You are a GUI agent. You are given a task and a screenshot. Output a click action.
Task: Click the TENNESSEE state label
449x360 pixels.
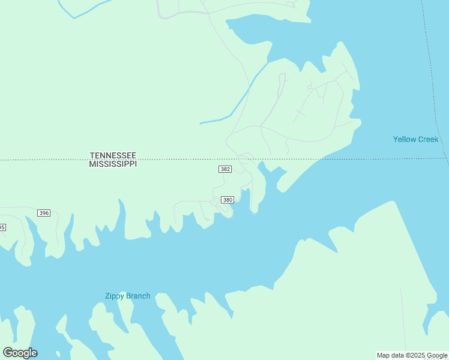[113, 155]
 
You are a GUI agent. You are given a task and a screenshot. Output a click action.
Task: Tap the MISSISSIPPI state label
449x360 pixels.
[113, 164]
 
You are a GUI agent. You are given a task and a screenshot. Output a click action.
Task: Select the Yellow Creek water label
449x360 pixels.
[415, 139]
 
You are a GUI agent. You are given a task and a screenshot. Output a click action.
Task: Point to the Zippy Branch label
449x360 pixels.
[127, 296]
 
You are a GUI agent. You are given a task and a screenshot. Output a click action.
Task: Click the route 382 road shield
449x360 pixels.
[224, 169]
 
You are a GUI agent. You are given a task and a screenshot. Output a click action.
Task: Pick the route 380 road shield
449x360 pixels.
[228, 199]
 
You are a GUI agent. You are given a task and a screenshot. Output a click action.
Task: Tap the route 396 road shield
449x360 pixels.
[43, 213]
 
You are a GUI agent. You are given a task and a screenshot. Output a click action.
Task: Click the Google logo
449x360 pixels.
[20, 353]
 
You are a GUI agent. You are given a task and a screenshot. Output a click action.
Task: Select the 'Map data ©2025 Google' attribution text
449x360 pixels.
[412, 355]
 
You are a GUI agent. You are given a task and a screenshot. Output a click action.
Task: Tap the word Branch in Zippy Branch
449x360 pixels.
[137, 296]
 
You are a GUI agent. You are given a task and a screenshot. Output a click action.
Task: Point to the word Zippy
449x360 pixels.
[114, 296]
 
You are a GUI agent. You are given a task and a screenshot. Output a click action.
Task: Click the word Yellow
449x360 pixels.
[404, 139]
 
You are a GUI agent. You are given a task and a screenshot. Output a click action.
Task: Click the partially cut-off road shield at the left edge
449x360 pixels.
[2, 227]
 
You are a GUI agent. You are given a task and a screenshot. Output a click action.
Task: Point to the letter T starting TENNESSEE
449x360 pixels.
[92, 155]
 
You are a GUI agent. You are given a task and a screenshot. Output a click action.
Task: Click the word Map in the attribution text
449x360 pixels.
[383, 355]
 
